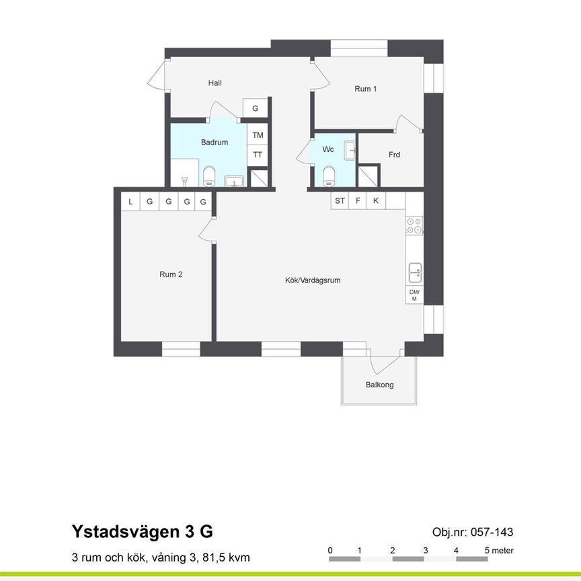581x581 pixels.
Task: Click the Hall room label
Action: coord(215,83)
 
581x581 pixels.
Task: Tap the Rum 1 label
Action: coord(366,89)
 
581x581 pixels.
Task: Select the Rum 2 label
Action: coord(171,274)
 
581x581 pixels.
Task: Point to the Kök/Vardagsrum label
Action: coord(313,280)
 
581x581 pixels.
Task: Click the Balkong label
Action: coord(379,385)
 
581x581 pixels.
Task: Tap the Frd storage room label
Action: coord(394,155)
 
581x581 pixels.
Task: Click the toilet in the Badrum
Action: coord(209,176)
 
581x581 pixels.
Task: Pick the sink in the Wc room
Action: coord(350,151)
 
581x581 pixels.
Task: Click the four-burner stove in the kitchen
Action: coord(414,226)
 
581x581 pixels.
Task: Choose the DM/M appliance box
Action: coord(414,295)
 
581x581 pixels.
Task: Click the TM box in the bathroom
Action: coord(258,135)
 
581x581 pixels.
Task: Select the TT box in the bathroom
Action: coord(258,155)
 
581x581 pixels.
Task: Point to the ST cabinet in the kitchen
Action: coord(340,201)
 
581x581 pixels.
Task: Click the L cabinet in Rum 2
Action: coord(130,202)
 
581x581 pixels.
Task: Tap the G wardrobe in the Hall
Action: coord(256,108)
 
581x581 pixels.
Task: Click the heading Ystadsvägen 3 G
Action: coord(142,532)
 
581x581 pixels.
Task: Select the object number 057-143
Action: coord(473,533)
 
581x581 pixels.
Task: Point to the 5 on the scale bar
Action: coord(487,551)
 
